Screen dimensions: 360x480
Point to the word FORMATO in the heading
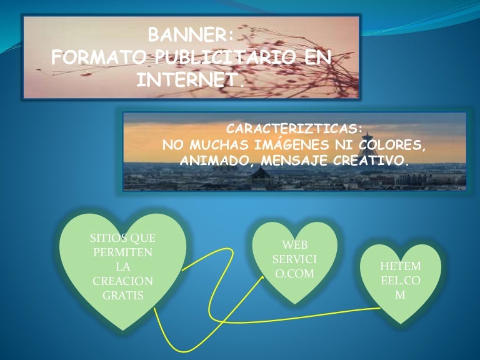pos(99,57)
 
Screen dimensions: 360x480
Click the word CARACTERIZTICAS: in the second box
pos(294,129)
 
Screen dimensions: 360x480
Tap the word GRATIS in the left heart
pos(122,295)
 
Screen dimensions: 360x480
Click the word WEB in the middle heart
pos(294,245)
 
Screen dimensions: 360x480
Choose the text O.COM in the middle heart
pos(294,274)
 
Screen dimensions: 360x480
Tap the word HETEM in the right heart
pos(400,267)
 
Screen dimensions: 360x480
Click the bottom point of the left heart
pos(123,329)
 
